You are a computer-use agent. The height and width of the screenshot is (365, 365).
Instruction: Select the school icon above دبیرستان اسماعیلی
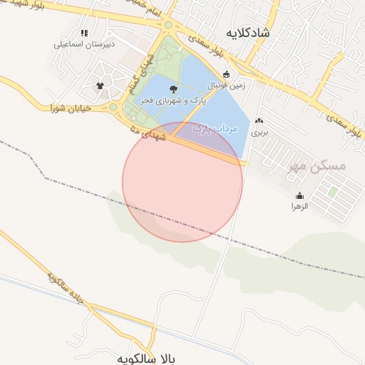coord(85,33)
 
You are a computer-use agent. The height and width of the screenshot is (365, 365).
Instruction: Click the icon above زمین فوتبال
coord(227,73)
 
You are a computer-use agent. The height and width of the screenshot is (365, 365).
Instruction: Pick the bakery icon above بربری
coord(259,122)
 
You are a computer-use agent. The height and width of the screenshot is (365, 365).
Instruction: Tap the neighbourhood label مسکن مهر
coord(317,166)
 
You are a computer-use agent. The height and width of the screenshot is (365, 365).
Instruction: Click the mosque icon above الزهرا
coord(299,195)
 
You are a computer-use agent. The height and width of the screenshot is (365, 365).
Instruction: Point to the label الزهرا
coord(299,206)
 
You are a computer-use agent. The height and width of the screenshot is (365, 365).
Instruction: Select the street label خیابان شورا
coord(73,108)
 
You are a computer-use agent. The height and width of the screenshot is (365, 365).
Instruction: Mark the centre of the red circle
coord(182,182)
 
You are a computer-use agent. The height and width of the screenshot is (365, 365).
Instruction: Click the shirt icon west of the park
coord(100,86)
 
